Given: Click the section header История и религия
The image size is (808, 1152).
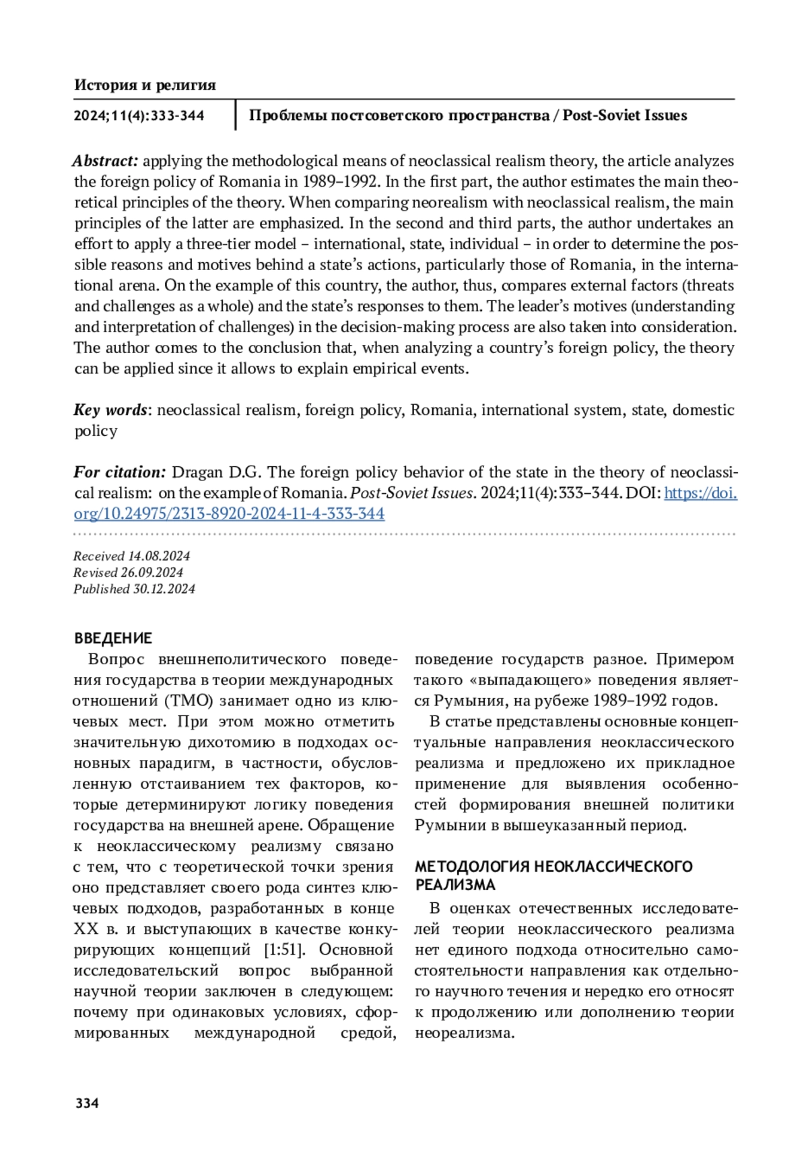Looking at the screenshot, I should [x=145, y=85].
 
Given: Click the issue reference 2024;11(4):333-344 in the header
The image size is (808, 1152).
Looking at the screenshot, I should [x=139, y=116].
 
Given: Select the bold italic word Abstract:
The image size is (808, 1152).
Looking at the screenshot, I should [x=106, y=161].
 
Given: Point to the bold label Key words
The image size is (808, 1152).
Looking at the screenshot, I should [x=110, y=410].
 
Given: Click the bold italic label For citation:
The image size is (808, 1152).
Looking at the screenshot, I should [x=120, y=472].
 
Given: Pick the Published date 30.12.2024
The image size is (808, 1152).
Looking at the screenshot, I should [x=164, y=589].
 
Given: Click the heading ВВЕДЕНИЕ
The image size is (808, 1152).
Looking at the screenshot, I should [x=113, y=638].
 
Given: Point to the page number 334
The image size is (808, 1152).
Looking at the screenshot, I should [x=88, y=1103].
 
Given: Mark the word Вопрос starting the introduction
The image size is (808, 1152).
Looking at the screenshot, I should [x=116, y=659].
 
